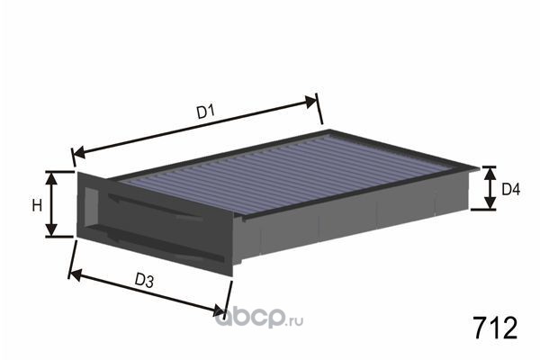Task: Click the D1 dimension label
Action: (x=206, y=112)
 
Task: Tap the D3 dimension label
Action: (x=144, y=280)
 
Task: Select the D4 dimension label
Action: (x=510, y=189)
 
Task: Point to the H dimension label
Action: (x=37, y=205)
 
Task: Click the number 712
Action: (x=495, y=328)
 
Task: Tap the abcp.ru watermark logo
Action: (x=259, y=319)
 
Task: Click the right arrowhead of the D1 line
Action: (x=310, y=102)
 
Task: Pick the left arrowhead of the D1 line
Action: (x=79, y=152)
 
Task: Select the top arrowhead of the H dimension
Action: (x=51, y=178)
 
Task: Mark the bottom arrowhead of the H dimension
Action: (x=51, y=230)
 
